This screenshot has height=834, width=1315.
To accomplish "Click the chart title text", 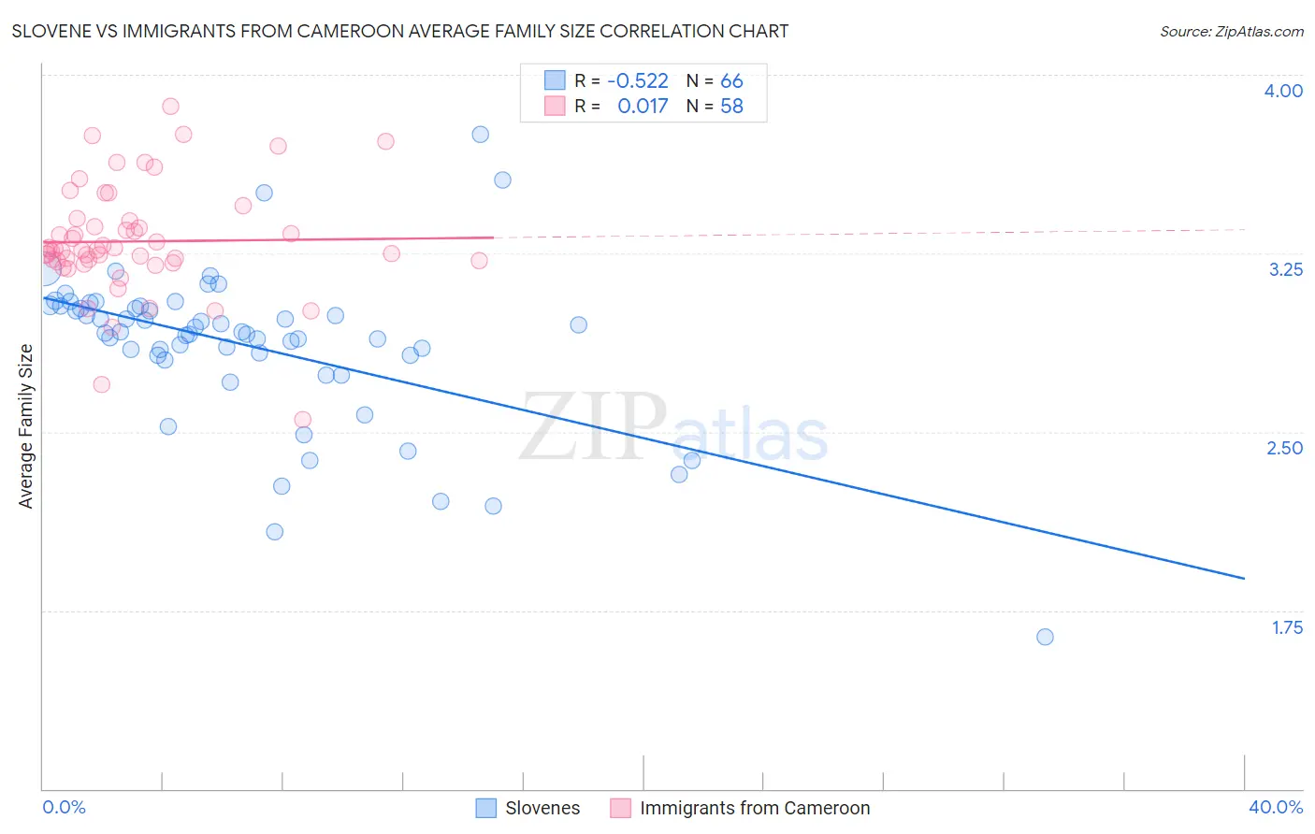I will [400, 31].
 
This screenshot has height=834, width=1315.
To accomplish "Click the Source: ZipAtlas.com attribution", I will [1231, 31].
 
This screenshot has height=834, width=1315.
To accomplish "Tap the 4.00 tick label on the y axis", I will [1282, 91].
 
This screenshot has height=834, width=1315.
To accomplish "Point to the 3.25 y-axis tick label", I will [1284, 269].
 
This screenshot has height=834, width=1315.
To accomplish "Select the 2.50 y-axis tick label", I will [1284, 448].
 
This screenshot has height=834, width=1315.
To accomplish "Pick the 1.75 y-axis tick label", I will [1287, 627].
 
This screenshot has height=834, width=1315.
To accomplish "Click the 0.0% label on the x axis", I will [64, 807].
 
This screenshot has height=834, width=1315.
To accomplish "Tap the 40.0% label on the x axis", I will [1275, 807].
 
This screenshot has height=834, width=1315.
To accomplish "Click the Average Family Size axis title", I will [26, 426].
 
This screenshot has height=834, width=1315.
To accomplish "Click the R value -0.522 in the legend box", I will [637, 81].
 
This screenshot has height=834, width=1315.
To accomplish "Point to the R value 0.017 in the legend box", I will [643, 107].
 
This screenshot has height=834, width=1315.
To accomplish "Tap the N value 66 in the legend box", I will [731, 81].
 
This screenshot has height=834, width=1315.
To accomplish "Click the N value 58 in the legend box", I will [731, 107].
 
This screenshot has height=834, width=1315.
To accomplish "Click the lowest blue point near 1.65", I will [1045, 637].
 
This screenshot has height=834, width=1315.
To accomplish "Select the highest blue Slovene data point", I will [480, 134].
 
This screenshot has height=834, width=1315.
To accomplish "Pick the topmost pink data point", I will [170, 107].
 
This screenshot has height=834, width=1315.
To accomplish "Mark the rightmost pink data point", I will [479, 260].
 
